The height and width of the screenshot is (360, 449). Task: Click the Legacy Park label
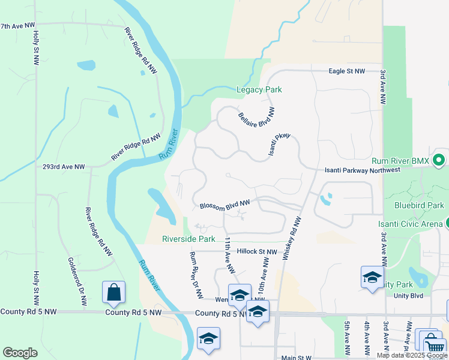tap(259, 90)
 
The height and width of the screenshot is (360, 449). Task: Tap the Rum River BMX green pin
tap(439, 160)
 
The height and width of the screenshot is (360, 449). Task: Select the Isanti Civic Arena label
tap(410, 224)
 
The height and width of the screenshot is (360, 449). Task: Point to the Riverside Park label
tap(188, 239)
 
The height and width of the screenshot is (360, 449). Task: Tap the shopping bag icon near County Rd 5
tap(113, 293)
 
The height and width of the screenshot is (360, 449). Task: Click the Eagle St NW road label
tap(346, 71)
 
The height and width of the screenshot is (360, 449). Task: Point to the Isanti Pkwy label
tap(279, 143)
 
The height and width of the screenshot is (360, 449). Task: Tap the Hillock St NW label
tap(256, 252)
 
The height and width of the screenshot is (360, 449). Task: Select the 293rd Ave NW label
tap(63, 167)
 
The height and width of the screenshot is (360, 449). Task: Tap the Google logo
tap(20, 353)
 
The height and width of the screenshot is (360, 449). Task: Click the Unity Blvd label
tap(408, 295)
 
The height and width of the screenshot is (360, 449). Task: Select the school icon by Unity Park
tap(372, 277)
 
